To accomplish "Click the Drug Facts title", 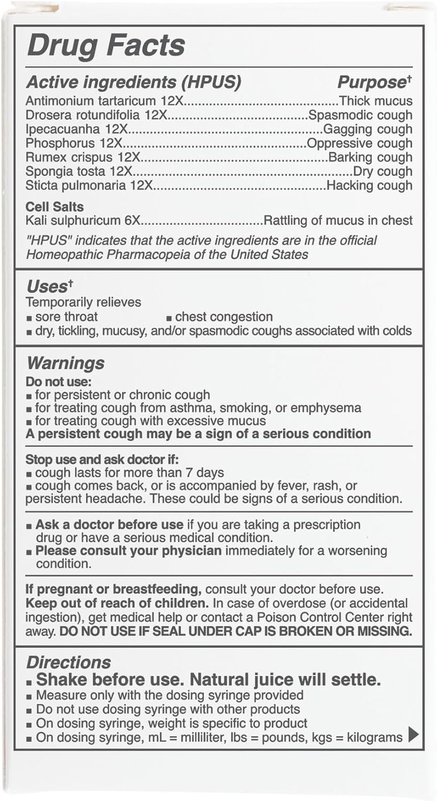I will tap(106, 45).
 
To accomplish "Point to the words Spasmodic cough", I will tap(361, 115).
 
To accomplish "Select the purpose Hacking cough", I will tap(369, 185).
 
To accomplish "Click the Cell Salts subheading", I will tap(54, 207).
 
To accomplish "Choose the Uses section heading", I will tap(47, 287).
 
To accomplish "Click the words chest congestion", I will tap(224, 317).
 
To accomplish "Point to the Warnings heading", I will tap(66, 363).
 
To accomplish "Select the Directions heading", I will tap(68, 662).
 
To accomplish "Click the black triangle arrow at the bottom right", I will tap(413, 736).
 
